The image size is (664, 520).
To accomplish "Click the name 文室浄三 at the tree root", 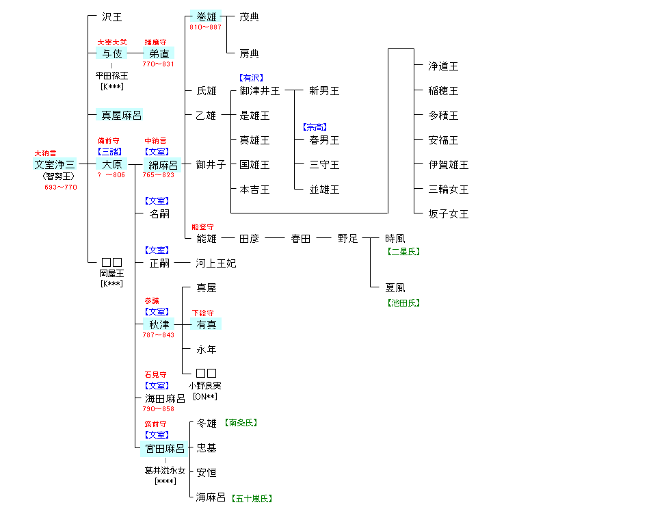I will (55, 165).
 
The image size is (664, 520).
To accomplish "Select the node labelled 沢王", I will (112, 17).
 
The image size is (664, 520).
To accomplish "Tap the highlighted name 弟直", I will (159, 53).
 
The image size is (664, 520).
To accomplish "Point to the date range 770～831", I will (159, 64).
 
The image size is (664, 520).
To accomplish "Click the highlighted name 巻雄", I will (206, 17).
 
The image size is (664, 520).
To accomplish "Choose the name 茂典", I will (250, 17).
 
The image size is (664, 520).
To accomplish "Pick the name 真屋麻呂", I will (122, 116).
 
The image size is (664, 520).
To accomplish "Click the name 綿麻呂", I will (163, 165).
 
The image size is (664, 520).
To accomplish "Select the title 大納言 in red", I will (45, 153).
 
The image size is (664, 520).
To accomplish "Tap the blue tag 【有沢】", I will (250, 78).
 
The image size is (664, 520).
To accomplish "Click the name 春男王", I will (324, 140).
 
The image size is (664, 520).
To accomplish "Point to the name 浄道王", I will (443, 66).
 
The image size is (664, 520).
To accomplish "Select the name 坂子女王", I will (449, 214).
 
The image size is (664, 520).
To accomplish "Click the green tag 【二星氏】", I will (403, 252).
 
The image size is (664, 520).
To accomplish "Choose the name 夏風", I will (395, 288).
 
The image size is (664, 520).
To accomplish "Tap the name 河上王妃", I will (216, 263).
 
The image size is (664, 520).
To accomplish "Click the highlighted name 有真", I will (207, 324).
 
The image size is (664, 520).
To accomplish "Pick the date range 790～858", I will (159, 409).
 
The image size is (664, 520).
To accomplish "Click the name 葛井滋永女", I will (165, 471).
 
